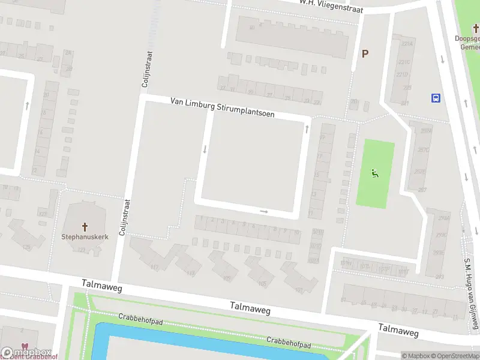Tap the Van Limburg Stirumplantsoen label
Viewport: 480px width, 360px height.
click(222, 108)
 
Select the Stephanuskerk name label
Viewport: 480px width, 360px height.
click(85, 236)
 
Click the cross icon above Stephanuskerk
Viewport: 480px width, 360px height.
click(85, 227)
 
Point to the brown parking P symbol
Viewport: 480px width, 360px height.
click(365, 53)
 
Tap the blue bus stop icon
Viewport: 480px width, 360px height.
click(436, 98)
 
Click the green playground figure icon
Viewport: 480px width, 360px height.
click(375, 174)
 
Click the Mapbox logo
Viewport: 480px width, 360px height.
click(26, 352)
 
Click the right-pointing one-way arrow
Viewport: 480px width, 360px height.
click(264, 211)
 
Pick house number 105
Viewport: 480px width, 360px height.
click(262, 283)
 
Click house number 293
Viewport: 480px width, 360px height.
click(439, 277)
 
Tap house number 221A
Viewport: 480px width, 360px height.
click(408, 44)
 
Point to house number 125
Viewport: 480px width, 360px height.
click(26, 247)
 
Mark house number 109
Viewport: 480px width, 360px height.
click(227, 278)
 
